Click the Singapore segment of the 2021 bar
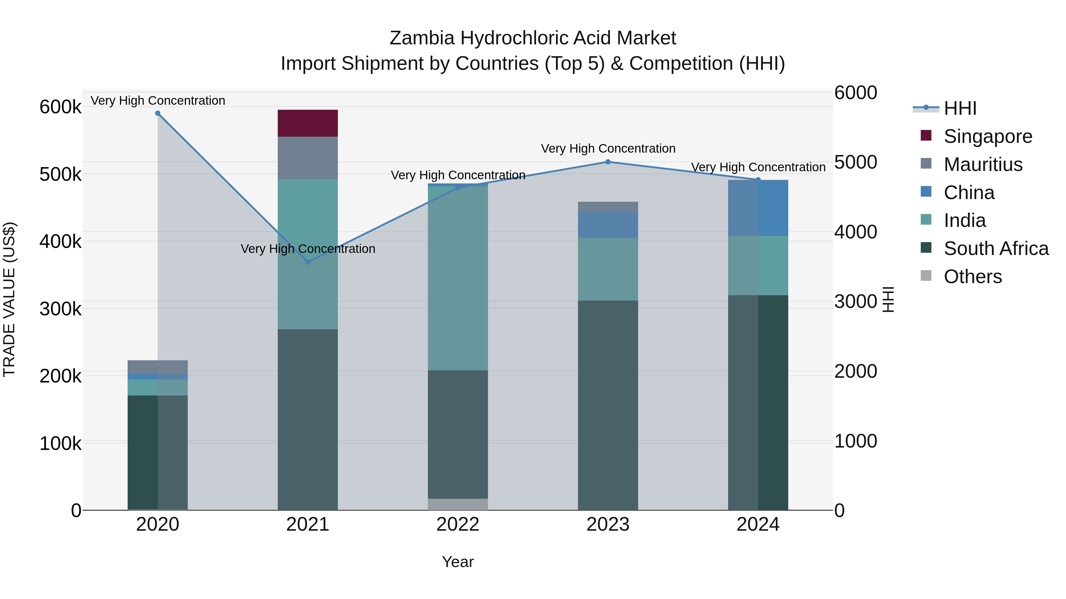coord(307,123)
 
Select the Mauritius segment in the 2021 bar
coord(307,158)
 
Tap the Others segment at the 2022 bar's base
coord(458,504)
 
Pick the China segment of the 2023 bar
coord(608,225)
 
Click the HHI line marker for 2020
coord(158,113)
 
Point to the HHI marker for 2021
coord(307,262)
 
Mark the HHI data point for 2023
coord(608,162)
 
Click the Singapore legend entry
coord(988,136)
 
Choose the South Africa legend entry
coord(996,248)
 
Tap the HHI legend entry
coord(960,108)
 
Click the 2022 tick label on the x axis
coord(458,524)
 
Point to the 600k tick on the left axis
coord(60,107)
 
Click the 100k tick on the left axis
coord(60,444)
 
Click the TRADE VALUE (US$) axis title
coord(9,299)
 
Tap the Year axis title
coord(458,562)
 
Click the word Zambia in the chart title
coord(422,38)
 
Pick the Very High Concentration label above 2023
coord(608,148)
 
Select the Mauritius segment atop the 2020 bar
coord(158,367)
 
